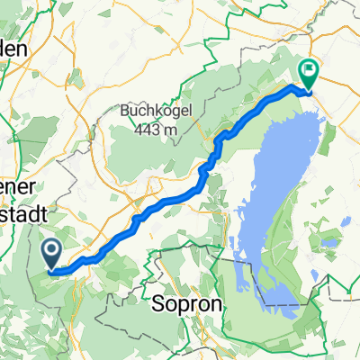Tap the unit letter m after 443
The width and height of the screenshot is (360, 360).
click(x=170, y=130)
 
